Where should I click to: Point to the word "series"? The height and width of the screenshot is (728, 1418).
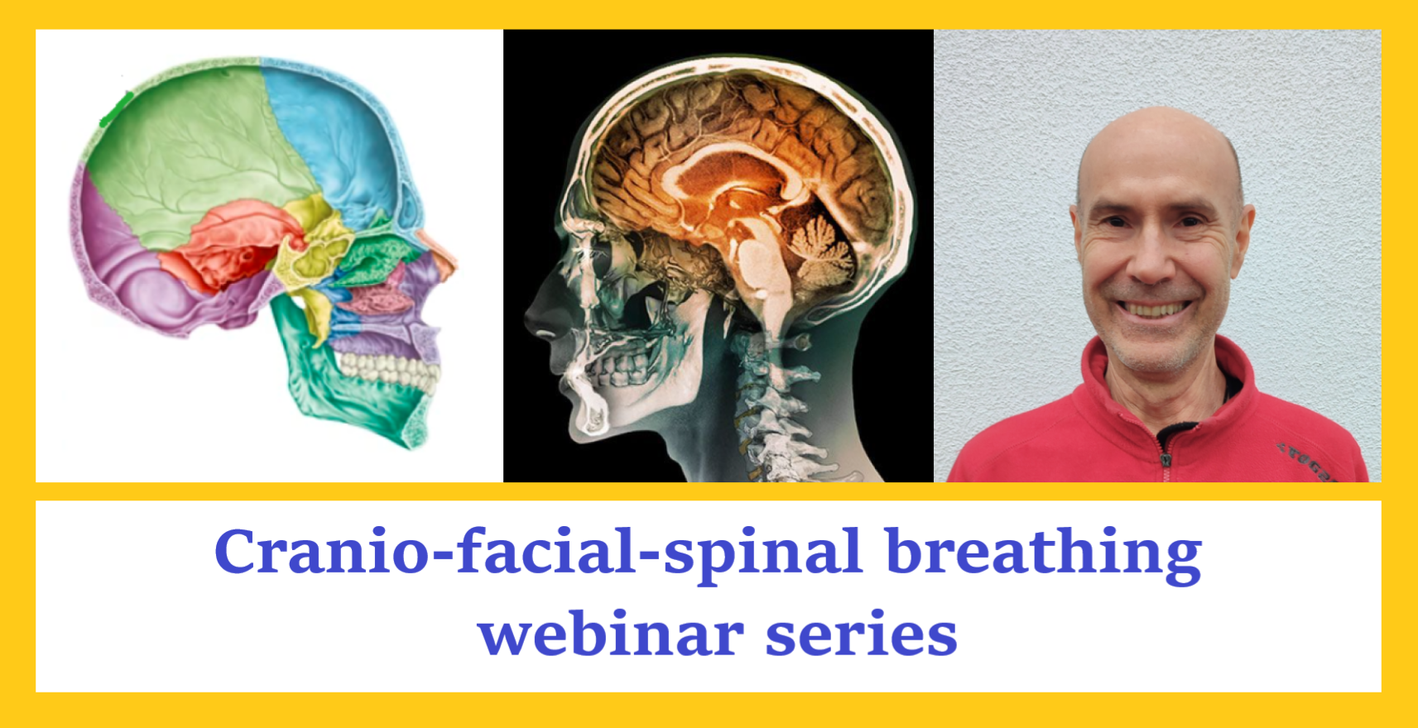862,635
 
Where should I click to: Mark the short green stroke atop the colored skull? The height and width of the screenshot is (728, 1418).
117,109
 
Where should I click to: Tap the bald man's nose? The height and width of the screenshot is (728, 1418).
1153,259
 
